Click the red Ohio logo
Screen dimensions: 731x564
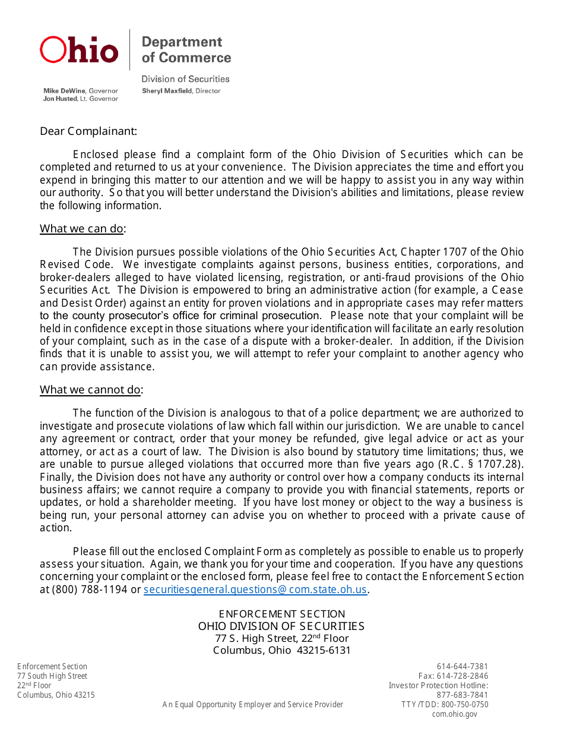click(x=79, y=50)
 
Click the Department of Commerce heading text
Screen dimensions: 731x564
click(x=186, y=50)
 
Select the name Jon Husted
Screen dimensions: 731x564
click(x=60, y=99)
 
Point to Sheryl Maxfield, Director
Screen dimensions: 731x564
click(x=181, y=91)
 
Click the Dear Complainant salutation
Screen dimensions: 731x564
click(x=88, y=131)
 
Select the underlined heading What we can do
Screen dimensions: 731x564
click(x=81, y=229)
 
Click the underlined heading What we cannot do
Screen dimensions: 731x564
click(x=90, y=390)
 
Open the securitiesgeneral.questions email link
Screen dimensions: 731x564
click(x=255, y=590)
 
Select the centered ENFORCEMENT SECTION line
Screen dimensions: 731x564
click(x=282, y=614)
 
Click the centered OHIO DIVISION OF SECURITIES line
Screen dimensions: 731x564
click(x=281, y=626)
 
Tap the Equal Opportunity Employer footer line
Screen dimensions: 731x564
click(x=253, y=704)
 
